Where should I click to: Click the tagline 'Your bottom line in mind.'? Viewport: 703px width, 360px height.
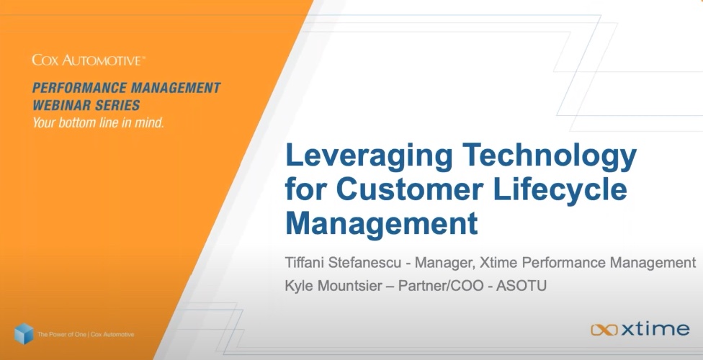pyautogui.click(x=98, y=122)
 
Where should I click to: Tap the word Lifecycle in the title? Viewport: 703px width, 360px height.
pyautogui.click(x=560, y=189)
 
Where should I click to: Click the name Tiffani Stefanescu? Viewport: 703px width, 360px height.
pyautogui.click(x=343, y=262)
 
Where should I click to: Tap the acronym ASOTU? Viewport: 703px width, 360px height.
pyautogui.click(x=521, y=286)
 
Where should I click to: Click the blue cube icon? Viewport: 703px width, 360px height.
pyautogui.click(x=24, y=333)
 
